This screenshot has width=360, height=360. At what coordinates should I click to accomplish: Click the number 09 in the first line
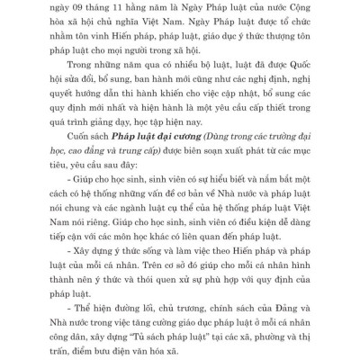click(92, 7)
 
